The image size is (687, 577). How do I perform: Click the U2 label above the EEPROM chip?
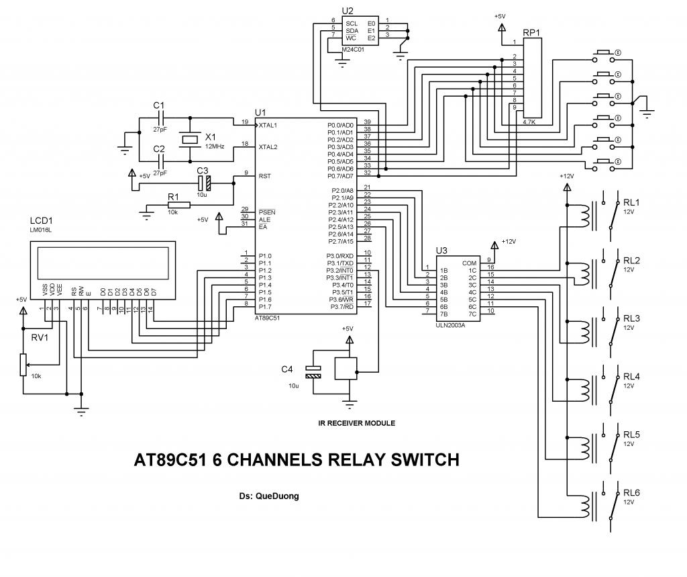(348, 11)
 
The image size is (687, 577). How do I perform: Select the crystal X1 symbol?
(191, 139)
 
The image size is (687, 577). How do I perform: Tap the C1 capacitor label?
(158, 105)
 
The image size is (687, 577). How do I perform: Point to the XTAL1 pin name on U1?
(268, 125)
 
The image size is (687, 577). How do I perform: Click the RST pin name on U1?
(264, 176)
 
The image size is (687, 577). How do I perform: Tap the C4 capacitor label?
(287, 369)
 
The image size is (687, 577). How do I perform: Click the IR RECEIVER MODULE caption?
(356, 423)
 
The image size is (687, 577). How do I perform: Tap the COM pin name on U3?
(469, 263)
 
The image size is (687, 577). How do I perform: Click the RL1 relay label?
(631, 203)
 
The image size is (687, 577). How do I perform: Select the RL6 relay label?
(631, 494)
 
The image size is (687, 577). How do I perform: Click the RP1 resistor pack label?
(532, 32)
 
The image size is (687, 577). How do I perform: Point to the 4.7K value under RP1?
(529, 123)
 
